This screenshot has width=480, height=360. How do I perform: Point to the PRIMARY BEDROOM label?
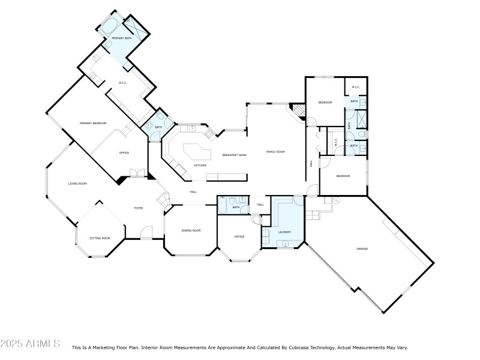(x=93, y=123)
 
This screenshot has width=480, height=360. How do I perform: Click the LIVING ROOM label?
(x=77, y=183)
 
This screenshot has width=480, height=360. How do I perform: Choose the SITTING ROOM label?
(x=100, y=238)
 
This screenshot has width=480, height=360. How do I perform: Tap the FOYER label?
(x=138, y=208)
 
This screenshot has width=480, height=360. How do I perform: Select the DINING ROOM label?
(x=191, y=230)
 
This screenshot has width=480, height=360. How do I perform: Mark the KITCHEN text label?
(x=200, y=165)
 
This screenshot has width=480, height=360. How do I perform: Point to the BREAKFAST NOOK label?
(x=235, y=155)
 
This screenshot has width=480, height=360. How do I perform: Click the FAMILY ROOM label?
(x=275, y=152)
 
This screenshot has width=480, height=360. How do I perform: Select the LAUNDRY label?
(x=284, y=232)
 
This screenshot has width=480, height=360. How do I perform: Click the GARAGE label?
(x=362, y=248)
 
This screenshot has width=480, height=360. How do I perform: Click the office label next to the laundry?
(x=239, y=236)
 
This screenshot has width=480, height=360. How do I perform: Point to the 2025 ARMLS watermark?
(x=30, y=344)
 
